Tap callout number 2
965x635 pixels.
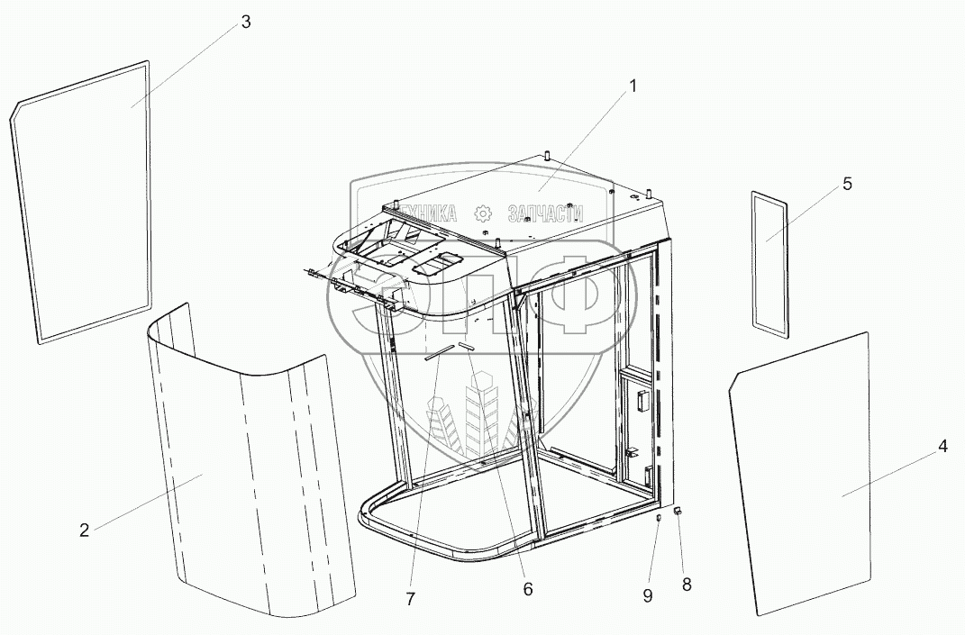[x=85, y=531]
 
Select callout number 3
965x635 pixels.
[x=246, y=23]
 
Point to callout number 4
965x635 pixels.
[x=942, y=448]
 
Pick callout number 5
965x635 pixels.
[x=847, y=184]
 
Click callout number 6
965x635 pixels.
[x=527, y=589]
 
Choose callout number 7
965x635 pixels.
[x=411, y=599]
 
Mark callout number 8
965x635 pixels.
[x=687, y=585]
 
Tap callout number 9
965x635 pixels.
[x=648, y=595]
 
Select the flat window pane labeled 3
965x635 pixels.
[x=81, y=203]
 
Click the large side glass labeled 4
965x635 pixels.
[x=800, y=474]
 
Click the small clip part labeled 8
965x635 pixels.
[x=678, y=510]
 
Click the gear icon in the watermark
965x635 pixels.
[x=484, y=213]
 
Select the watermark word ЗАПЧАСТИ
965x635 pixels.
[x=545, y=213]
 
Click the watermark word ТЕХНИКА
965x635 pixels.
[x=426, y=213]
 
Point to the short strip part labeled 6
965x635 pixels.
[x=467, y=347]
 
